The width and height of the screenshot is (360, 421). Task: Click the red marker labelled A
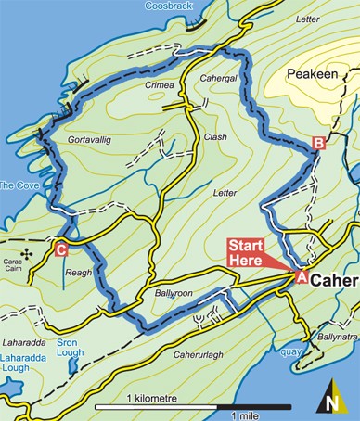(x=300, y=275)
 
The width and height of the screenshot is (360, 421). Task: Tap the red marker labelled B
(x=318, y=143)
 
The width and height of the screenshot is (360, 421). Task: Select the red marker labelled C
(x=60, y=249)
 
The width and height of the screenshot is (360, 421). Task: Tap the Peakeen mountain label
(x=314, y=71)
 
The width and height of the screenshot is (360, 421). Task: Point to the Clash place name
(x=215, y=136)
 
